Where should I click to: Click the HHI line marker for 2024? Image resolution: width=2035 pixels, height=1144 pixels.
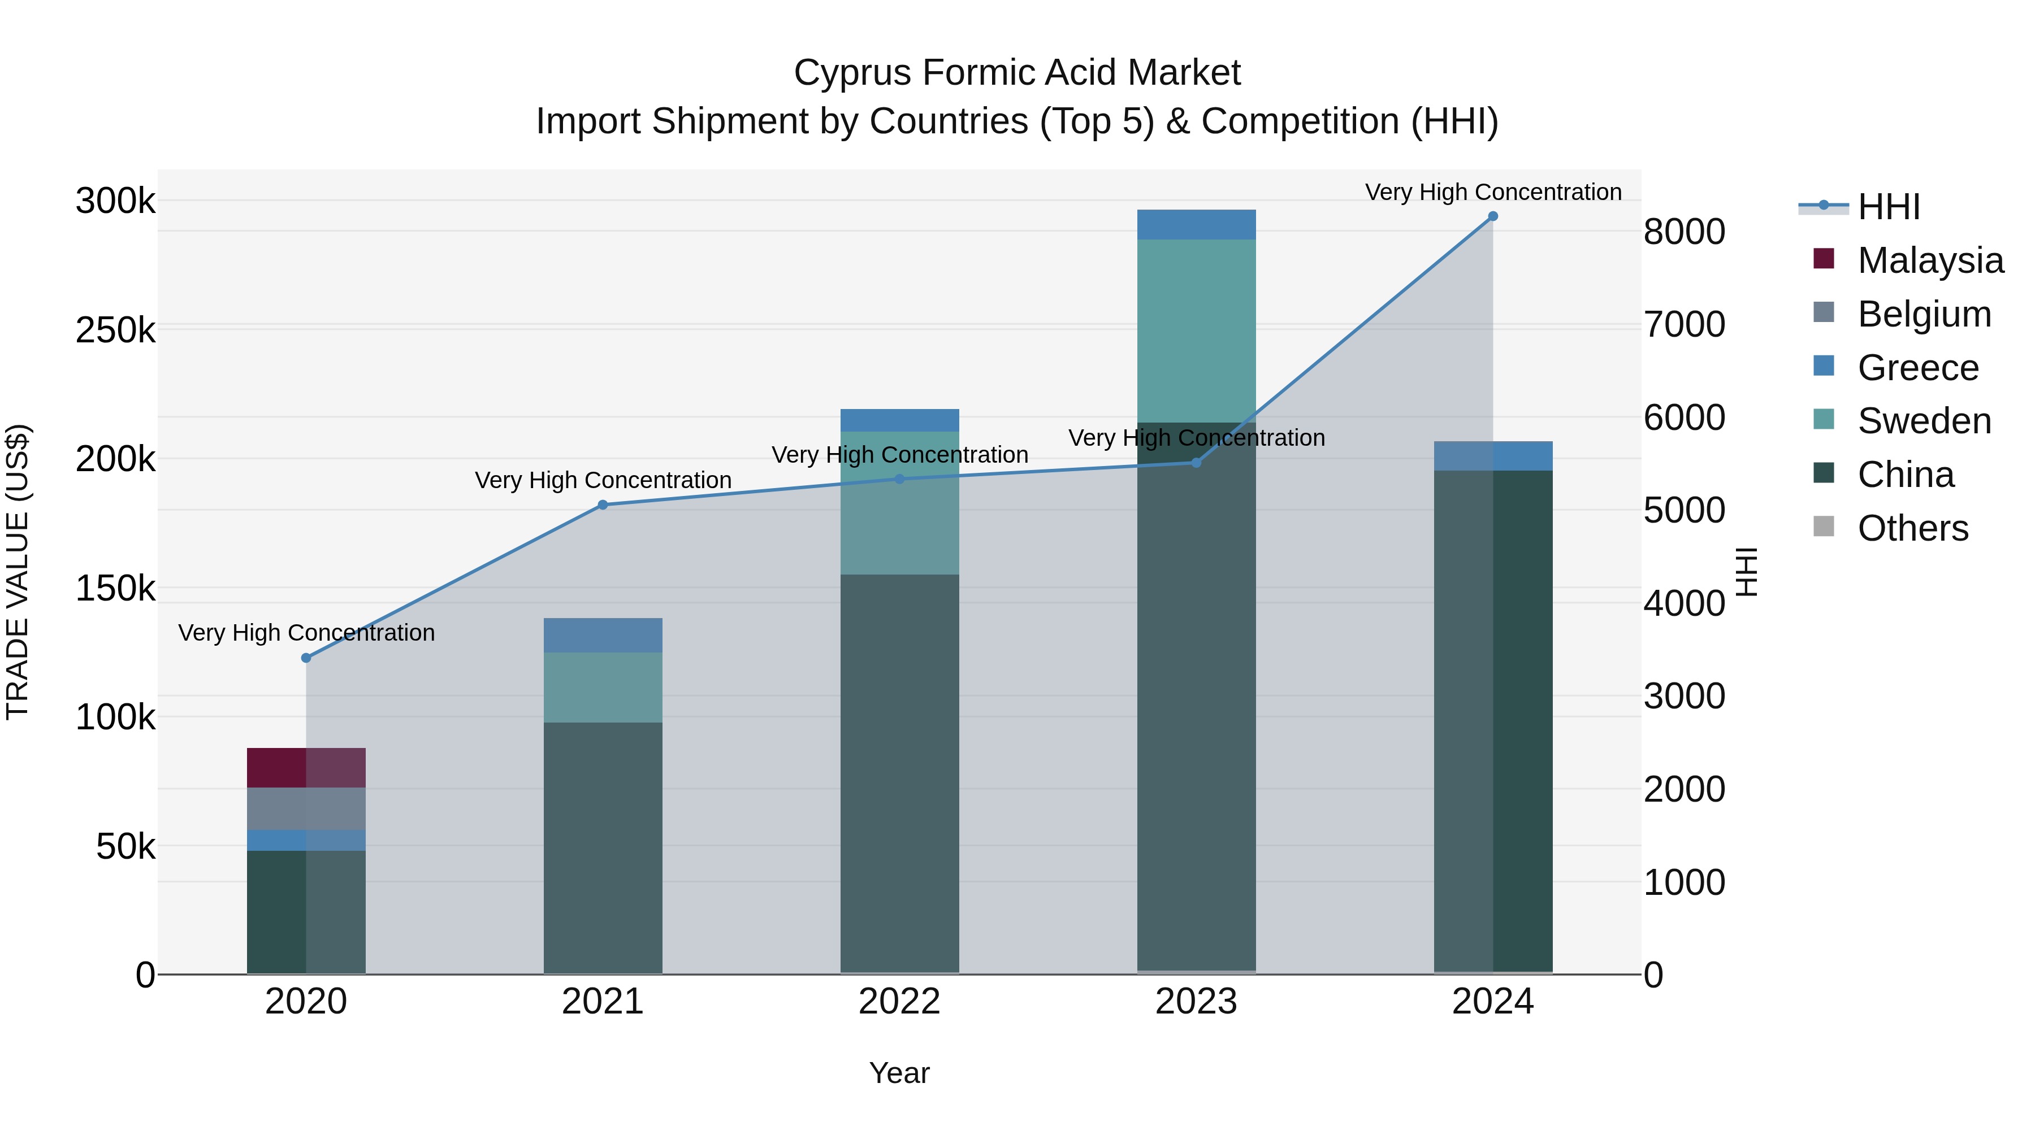tap(1492, 216)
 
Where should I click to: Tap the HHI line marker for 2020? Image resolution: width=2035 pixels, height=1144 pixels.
tap(306, 658)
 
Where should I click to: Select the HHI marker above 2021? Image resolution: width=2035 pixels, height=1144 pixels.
tap(603, 505)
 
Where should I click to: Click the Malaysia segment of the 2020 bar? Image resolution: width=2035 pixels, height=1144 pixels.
tap(306, 767)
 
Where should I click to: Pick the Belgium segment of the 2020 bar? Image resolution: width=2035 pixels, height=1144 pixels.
tap(306, 808)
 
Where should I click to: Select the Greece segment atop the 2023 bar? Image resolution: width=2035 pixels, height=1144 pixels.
tap(1196, 225)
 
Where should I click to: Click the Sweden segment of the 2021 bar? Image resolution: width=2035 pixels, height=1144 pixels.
tap(603, 687)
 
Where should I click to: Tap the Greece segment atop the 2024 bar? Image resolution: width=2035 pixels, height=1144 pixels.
tap(1492, 455)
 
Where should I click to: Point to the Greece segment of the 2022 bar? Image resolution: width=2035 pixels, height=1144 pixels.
tap(899, 420)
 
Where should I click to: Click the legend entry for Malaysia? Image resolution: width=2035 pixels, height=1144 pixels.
tap(1930, 260)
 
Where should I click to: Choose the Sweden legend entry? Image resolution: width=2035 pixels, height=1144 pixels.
tap(1924, 421)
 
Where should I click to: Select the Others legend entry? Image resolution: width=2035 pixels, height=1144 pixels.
tap(1912, 528)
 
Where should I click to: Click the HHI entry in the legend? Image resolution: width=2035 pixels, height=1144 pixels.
tap(1888, 207)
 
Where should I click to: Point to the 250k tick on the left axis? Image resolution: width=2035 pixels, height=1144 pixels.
tap(115, 330)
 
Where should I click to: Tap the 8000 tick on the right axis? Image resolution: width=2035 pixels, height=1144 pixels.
tap(1685, 232)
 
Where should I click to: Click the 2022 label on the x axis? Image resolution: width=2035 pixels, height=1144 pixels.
tap(899, 1002)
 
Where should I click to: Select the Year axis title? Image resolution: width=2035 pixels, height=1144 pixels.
tap(899, 1073)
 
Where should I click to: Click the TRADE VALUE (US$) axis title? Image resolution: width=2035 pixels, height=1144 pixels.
tap(18, 572)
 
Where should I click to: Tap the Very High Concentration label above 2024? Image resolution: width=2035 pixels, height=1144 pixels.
tap(1492, 192)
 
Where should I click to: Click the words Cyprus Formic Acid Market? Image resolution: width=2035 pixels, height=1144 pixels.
tap(1017, 73)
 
